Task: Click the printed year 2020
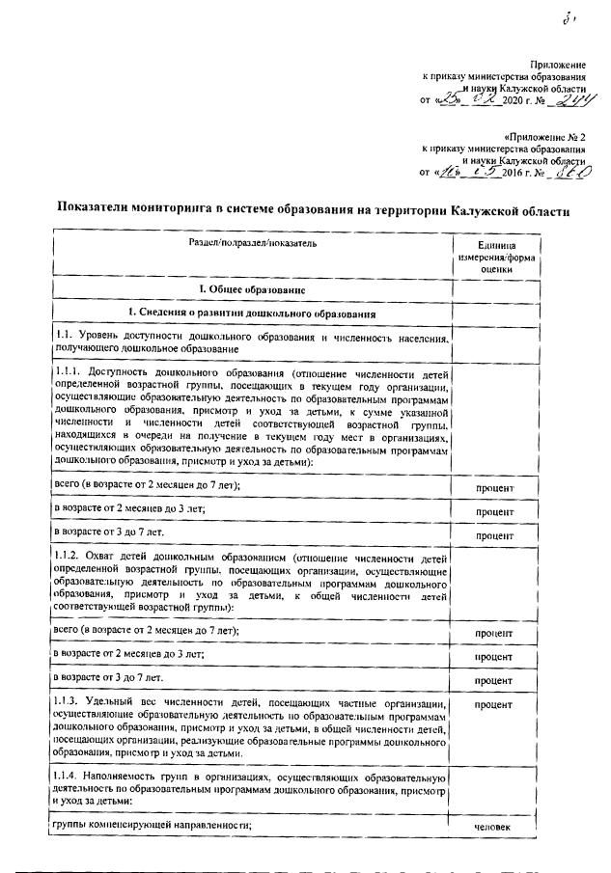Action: coord(506,100)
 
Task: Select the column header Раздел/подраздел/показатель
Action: coord(253,243)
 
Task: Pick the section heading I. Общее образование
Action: coord(252,287)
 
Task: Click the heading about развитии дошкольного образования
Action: coord(252,314)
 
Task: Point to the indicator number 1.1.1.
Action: coord(69,370)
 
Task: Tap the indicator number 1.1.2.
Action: coord(69,559)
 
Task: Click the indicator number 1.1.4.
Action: coord(69,777)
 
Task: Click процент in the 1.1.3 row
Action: coord(495,706)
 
